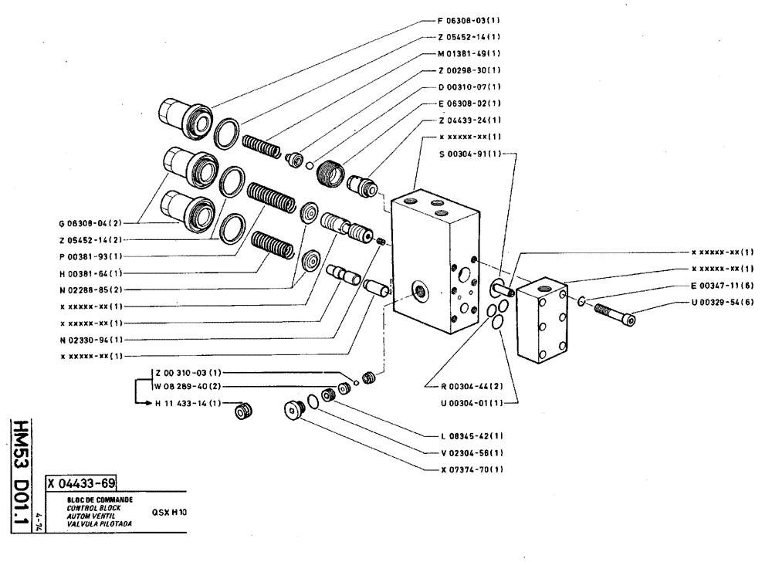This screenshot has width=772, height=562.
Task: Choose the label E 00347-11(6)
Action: (x=723, y=285)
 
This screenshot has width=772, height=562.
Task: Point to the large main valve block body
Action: (x=432, y=259)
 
